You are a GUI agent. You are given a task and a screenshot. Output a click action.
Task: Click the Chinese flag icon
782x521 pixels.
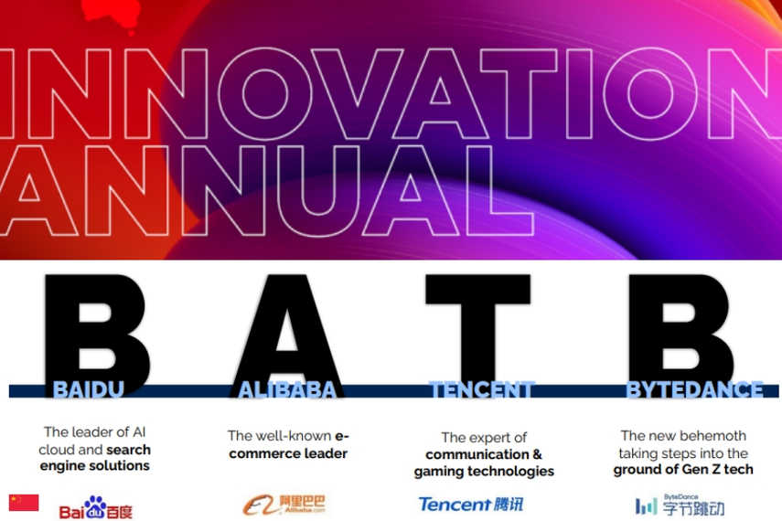(x=24, y=503)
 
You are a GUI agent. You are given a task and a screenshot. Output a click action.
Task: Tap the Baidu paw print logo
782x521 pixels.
(x=95, y=507)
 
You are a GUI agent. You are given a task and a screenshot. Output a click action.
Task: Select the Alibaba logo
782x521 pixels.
(x=284, y=505)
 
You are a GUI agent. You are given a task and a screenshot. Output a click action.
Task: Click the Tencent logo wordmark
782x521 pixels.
(x=471, y=504)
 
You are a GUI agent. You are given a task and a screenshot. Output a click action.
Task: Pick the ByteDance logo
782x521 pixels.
(x=680, y=505)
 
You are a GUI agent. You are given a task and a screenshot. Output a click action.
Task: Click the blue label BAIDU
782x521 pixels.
(x=89, y=389)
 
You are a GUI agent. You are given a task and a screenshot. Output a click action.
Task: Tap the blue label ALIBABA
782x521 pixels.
(x=287, y=390)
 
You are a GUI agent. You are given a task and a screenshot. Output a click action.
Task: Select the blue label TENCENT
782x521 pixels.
(x=482, y=389)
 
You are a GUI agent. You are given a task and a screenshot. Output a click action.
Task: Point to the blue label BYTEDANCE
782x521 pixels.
(x=695, y=389)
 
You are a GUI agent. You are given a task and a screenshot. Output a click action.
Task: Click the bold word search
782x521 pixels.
(x=128, y=450)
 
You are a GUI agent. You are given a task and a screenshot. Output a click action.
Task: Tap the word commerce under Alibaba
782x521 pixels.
(x=262, y=453)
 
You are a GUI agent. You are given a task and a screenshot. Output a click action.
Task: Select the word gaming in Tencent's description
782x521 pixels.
(x=435, y=471)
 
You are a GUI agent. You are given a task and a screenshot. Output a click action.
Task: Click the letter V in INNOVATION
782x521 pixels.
(x=357, y=93)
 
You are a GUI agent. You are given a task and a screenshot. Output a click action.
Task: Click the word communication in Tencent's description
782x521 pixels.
(x=477, y=454)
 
